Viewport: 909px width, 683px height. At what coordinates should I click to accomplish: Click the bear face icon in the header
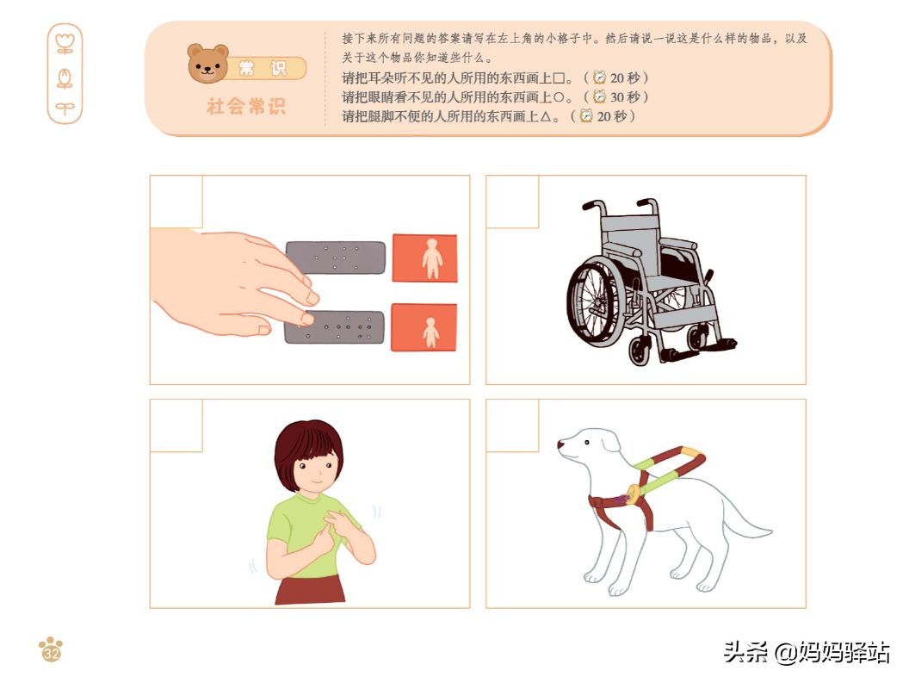pyautogui.click(x=208, y=65)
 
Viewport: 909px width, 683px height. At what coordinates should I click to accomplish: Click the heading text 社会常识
pyautogui.click(x=245, y=107)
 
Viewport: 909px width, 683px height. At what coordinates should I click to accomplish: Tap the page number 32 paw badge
pyautogui.click(x=51, y=650)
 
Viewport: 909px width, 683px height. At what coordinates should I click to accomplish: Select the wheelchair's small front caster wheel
pyautogui.click(x=640, y=351)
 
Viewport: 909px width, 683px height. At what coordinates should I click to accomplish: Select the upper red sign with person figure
pyautogui.click(x=424, y=258)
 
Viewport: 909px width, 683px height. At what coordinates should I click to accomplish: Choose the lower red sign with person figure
pyautogui.click(x=424, y=327)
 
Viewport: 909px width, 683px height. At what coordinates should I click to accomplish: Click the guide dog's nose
pyautogui.click(x=560, y=446)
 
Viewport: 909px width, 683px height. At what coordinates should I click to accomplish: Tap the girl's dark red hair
pyautogui.click(x=307, y=443)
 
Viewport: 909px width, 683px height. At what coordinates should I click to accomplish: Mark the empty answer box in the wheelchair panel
pyautogui.click(x=512, y=202)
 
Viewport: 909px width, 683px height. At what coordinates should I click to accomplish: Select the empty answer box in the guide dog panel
pyautogui.click(x=512, y=425)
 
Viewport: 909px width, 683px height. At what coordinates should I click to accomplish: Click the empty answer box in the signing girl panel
pyautogui.click(x=176, y=425)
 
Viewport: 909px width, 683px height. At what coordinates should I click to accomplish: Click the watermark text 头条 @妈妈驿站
pyautogui.click(x=806, y=652)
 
